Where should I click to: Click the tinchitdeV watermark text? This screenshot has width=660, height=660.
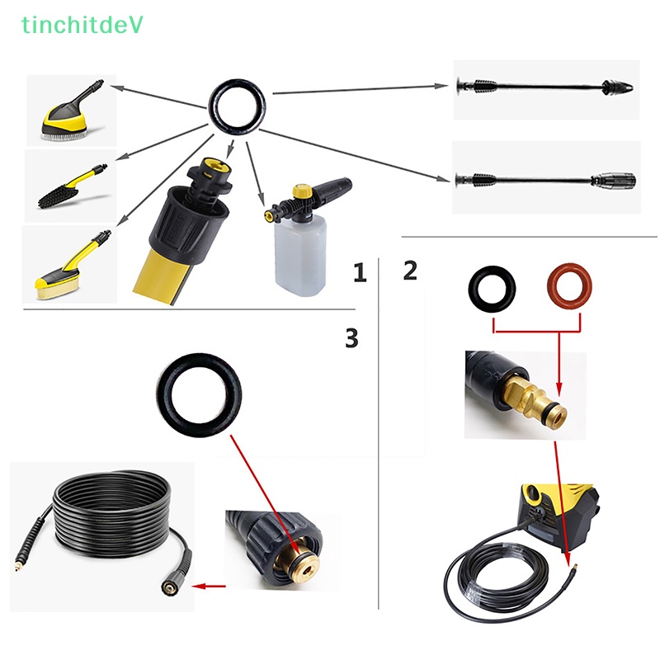(x=82, y=26)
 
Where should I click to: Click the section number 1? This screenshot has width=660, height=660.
(x=359, y=273)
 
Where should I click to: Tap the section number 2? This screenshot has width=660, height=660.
(x=410, y=270)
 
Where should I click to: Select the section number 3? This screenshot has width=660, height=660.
(x=352, y=337)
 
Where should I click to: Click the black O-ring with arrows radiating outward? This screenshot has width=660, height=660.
(x=238, y=105)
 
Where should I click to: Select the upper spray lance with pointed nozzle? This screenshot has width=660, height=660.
(x=546, y=86)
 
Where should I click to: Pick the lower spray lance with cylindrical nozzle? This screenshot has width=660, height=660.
(x=546, y=178)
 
